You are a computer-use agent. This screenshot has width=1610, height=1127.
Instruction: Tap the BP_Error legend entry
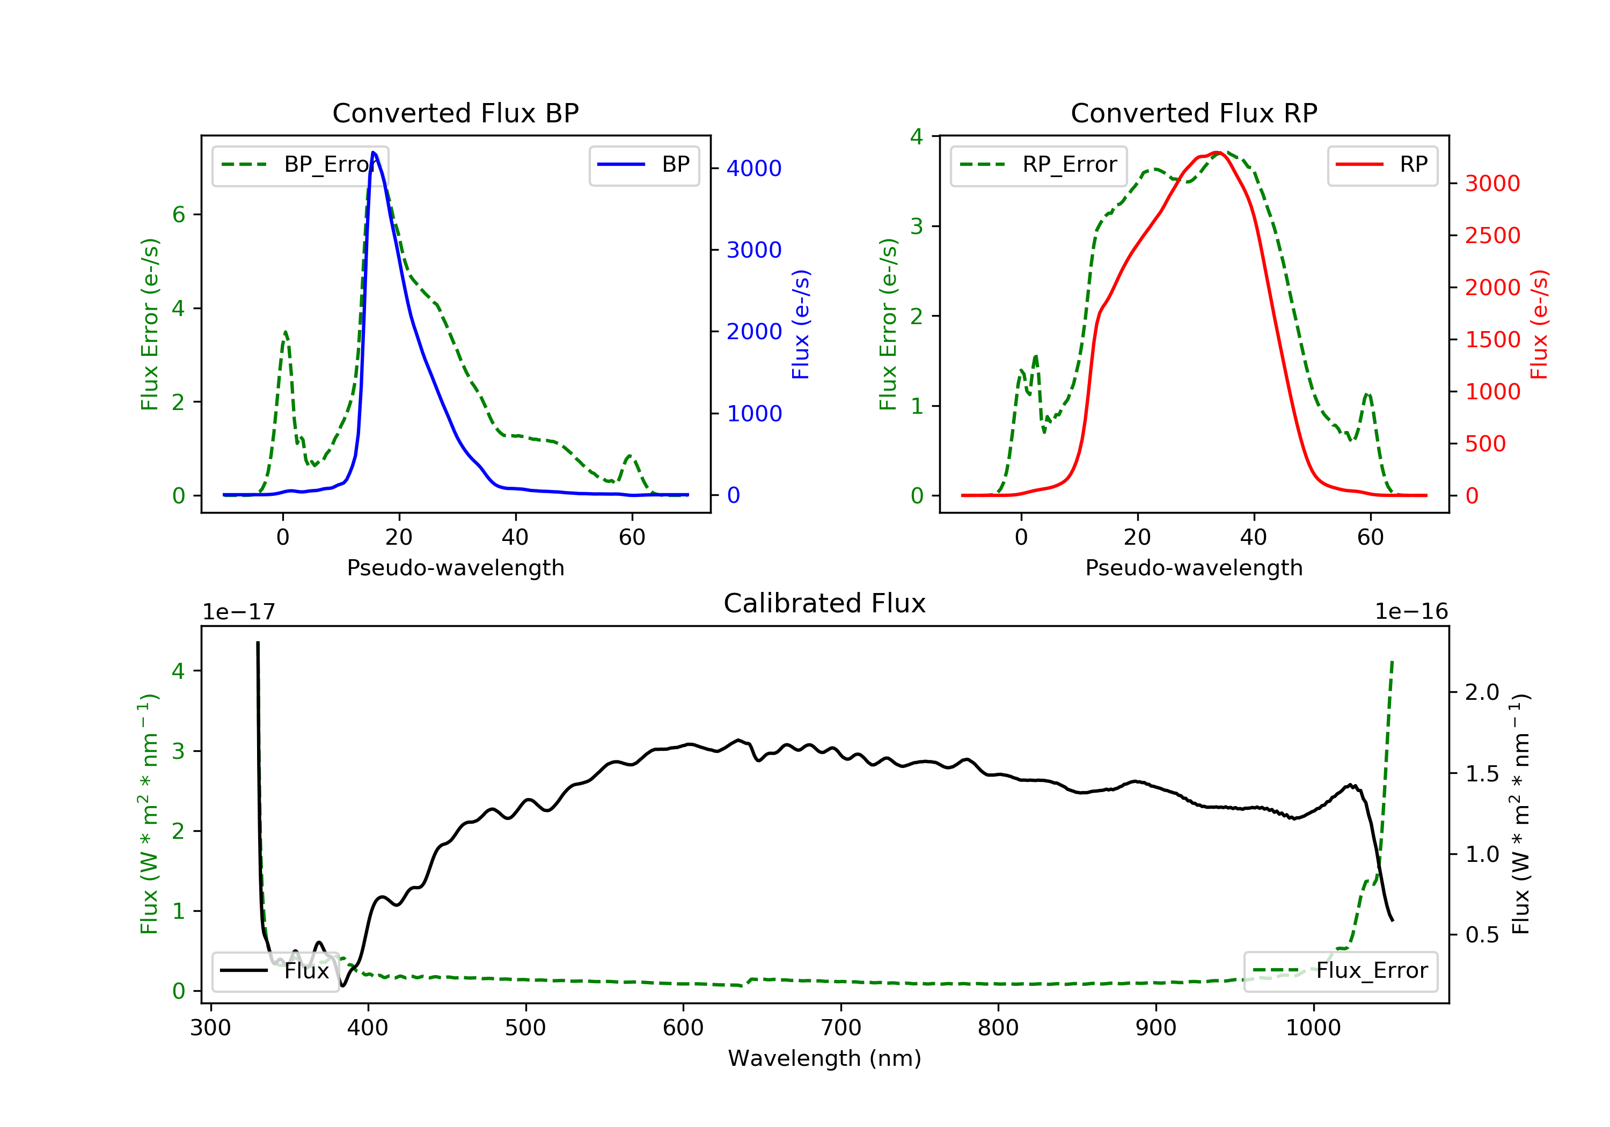(x=300, y=165)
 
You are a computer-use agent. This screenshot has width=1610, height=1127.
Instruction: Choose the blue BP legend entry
(x=643, y=165)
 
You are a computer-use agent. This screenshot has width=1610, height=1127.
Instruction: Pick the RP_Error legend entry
(x=1038, y=165)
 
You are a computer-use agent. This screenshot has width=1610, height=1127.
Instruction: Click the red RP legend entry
(x=1382, y=165)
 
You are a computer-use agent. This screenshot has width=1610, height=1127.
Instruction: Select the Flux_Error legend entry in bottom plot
(x=1340, y=971)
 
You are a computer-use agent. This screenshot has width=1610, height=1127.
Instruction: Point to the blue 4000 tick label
(x=754, y=169)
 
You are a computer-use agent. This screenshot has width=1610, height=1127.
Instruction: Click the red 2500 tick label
(x=1492, y=236)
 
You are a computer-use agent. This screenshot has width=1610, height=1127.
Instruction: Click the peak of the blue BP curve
(x=374, y=152)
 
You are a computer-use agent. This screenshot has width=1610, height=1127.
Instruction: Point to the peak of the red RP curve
(x=1218, y=152)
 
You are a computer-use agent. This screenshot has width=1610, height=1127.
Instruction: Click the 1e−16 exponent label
(x=1411, y=612)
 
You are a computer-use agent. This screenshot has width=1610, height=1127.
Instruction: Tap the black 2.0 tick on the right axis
(x=1482, y=693)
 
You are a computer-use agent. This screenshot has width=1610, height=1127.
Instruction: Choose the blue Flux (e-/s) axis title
(x=801, y=325)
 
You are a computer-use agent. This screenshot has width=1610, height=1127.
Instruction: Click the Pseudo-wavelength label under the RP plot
(x=1194, y=568)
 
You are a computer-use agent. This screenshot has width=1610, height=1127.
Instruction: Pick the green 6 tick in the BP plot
(x=179, y=215)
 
